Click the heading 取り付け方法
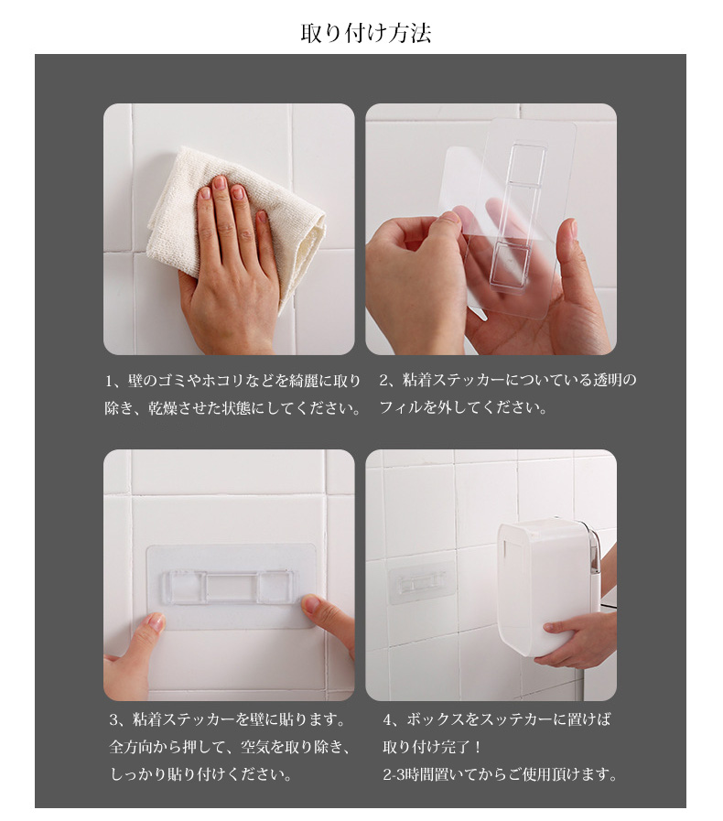pos(365,33)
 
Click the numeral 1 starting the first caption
pos(109,381)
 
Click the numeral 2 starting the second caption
pos(383,380)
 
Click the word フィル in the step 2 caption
pos(401,407)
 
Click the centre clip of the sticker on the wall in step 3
pos(230,588)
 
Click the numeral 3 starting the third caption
pos(114,719)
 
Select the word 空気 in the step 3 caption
pos(255,747)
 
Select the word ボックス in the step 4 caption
pos(435,719)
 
